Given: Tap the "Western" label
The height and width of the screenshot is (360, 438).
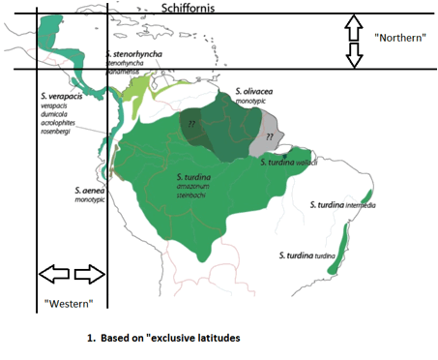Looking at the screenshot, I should (x=68, y=304).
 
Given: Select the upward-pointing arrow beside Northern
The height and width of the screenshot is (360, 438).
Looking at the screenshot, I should (x=354, y=25).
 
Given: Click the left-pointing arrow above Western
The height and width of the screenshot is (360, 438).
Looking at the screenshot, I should (x=51, y=274).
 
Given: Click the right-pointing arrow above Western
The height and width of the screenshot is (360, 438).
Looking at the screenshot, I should (x=89, y=274).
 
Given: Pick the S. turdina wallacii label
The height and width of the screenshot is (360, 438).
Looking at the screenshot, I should (x=289, y=163).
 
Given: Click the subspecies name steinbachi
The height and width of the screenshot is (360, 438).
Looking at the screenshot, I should (x=196, y=196).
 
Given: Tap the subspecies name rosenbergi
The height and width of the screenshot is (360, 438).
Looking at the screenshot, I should (x=63, y=131).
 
